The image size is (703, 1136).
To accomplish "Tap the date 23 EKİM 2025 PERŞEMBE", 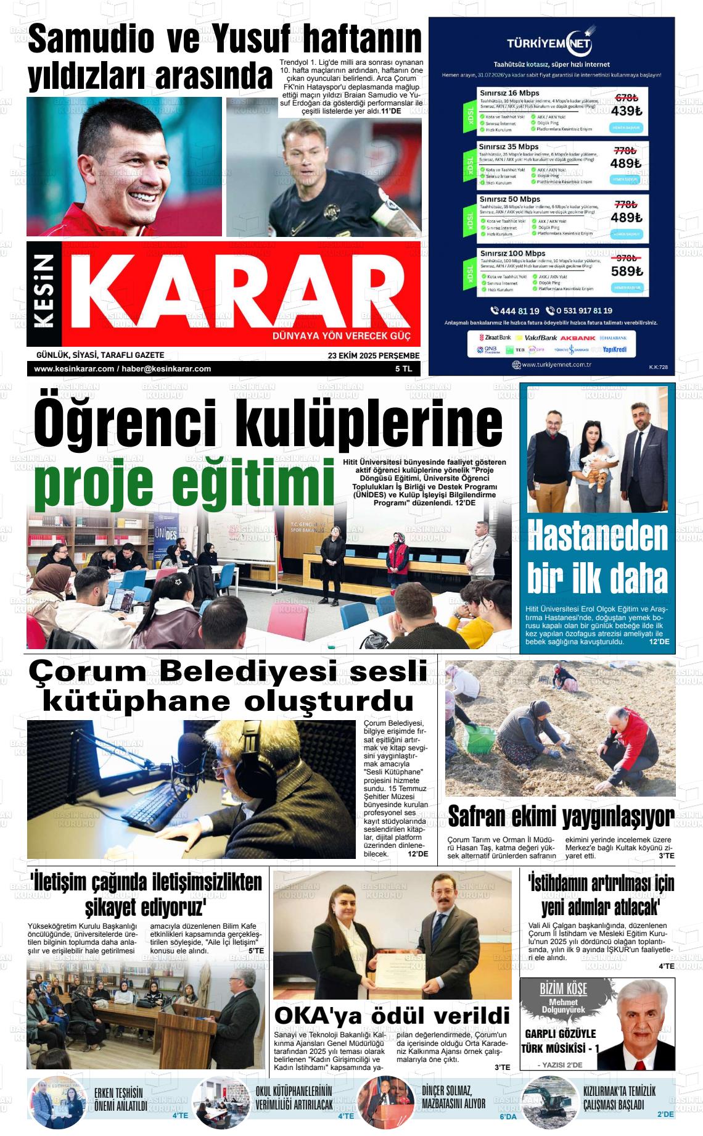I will (x=374, y=355).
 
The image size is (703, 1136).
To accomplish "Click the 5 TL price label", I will (x=403, y=368).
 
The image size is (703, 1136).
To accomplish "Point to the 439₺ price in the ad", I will (x=626, y=111).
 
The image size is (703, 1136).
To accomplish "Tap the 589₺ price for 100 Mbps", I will (x=626, y=271).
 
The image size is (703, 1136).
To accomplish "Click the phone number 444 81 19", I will (x=516, y=311).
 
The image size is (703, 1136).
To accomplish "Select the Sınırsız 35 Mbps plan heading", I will (x=509, y=147).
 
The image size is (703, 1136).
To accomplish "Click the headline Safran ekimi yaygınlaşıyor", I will (x=561, y=817).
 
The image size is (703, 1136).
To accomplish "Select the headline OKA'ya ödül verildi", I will (x=392, y=1015).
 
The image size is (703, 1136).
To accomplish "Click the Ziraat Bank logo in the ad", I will (x=498, y=338).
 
